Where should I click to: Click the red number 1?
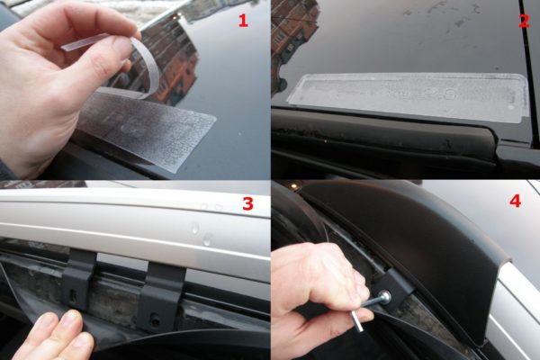[243, 21]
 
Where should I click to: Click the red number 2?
[524, 21]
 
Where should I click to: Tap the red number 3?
[248, 203]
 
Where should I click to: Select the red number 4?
[515, 201]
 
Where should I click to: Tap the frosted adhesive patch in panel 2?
[408, 96]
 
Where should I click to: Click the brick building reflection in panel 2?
[292, 31]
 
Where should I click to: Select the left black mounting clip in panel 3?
[78, 279]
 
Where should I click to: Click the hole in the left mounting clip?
[74, 294]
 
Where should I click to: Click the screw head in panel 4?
[386, 296]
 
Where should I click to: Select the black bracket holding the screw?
[396, 286]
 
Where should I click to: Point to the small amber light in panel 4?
[293, 185]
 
